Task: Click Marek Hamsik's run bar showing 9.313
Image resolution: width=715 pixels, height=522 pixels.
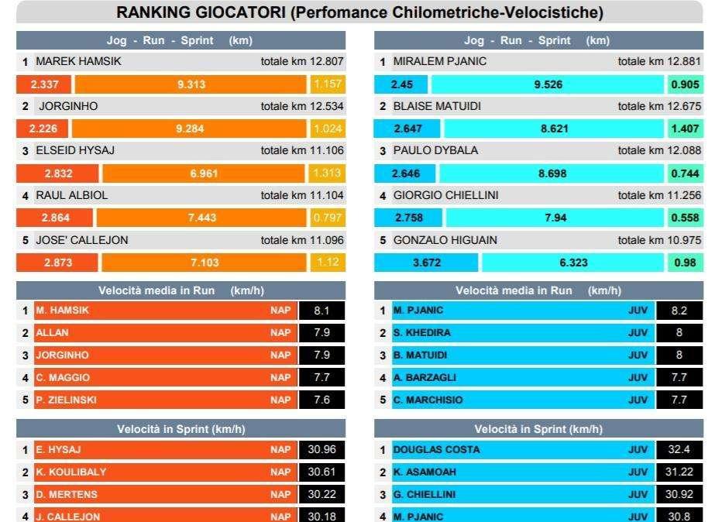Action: click(191, 84)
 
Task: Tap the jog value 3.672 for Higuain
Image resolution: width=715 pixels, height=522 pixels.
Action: click(426, 263)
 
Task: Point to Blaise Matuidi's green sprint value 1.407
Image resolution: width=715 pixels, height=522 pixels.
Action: click(685, 129)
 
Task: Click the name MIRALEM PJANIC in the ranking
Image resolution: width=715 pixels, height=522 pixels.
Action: click(439, 61)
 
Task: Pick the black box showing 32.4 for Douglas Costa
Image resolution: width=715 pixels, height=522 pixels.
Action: click(679, 449)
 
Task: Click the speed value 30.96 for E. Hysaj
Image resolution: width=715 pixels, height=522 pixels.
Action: click(321, 449)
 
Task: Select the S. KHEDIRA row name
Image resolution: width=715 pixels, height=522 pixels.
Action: click(421, 333)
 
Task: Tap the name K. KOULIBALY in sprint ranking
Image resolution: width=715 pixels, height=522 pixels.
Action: click(71, 472)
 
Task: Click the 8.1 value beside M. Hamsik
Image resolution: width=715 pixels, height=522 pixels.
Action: click(321, 311)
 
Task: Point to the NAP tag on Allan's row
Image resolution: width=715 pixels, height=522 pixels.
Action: click(280, 333)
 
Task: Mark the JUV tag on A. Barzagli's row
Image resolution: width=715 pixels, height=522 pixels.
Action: click(638, 377)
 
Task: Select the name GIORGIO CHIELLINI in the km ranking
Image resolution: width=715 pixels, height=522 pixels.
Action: click(445, 195)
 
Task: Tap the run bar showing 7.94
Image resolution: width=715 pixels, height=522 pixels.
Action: click(555, 218)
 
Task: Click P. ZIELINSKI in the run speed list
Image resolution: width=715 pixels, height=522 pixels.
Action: click(66, 400)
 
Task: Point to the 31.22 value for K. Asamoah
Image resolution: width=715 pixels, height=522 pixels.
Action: click(679, 472)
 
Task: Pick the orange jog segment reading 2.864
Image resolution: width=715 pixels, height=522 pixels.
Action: click(55, 218)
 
